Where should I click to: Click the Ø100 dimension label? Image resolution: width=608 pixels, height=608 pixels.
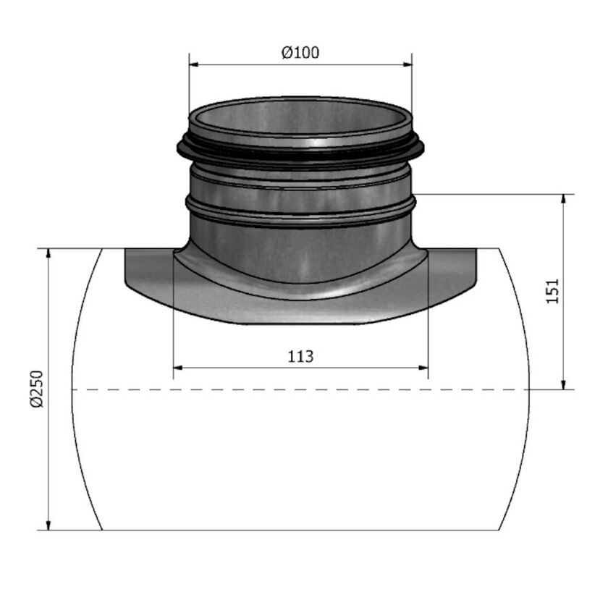[x=300, y=53]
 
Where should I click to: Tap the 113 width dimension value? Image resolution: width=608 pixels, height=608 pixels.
[x=300, y=356]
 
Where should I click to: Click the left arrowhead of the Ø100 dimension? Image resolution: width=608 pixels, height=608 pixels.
[x=194, y=64]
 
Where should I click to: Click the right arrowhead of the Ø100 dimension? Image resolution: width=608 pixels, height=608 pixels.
[x=407, y=64]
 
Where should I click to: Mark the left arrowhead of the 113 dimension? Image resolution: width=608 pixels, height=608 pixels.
[x=179, y=368]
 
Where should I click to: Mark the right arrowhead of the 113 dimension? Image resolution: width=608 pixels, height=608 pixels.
[x=423, y=368]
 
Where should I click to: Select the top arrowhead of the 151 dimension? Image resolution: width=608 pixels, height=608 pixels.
[x=563, y=200]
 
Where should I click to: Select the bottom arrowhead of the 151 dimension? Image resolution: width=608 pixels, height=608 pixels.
[x=563, y=384]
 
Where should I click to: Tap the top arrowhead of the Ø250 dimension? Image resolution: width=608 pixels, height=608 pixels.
[x=48, y=254]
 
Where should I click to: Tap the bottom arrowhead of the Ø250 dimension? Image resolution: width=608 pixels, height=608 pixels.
[x=48, y=525]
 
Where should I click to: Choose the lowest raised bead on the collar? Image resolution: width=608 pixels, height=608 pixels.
[x=300, y=211]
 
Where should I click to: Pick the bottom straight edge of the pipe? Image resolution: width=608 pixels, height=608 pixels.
[x=300, y=531]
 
